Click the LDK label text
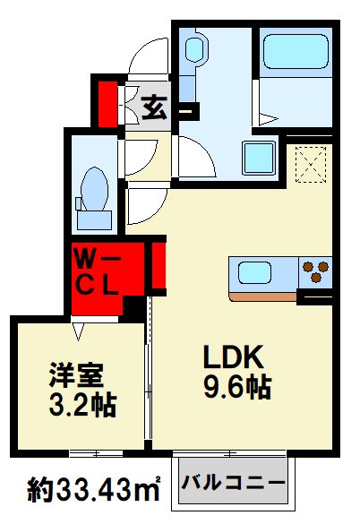pos(236,358)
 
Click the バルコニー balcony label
pos(235,483)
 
